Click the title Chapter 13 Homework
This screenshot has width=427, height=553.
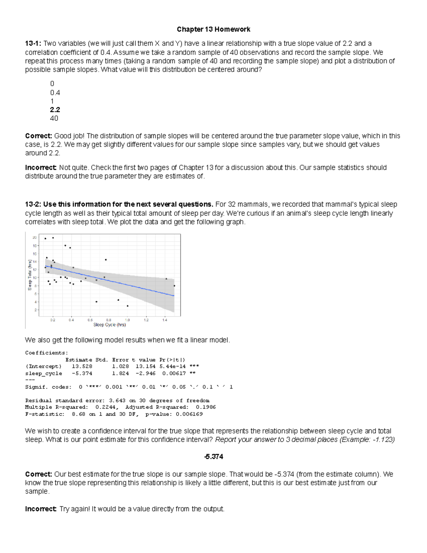click(213, 29)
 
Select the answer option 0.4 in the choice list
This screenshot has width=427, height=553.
click(55, 93)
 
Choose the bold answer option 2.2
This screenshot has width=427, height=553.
click(55, 110)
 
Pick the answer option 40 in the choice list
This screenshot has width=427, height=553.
click(54, 118)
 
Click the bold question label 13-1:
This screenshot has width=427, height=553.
click(33, 43)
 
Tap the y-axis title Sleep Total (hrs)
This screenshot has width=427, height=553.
click(30, 275)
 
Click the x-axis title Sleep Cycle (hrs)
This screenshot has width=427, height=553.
click(110, 325)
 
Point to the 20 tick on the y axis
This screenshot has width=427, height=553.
click(35, 238)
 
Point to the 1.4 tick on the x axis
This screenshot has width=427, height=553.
click(165, 320)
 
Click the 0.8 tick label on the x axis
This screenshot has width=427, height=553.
click(109, 320)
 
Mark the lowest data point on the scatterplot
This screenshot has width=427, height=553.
click(127, 306)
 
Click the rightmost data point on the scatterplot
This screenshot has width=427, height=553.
click(174, 286)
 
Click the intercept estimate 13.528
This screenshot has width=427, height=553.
click(82, 366)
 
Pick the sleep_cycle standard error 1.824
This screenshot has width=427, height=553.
click(120, 374)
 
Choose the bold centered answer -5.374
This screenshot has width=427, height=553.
click(213, 457)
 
